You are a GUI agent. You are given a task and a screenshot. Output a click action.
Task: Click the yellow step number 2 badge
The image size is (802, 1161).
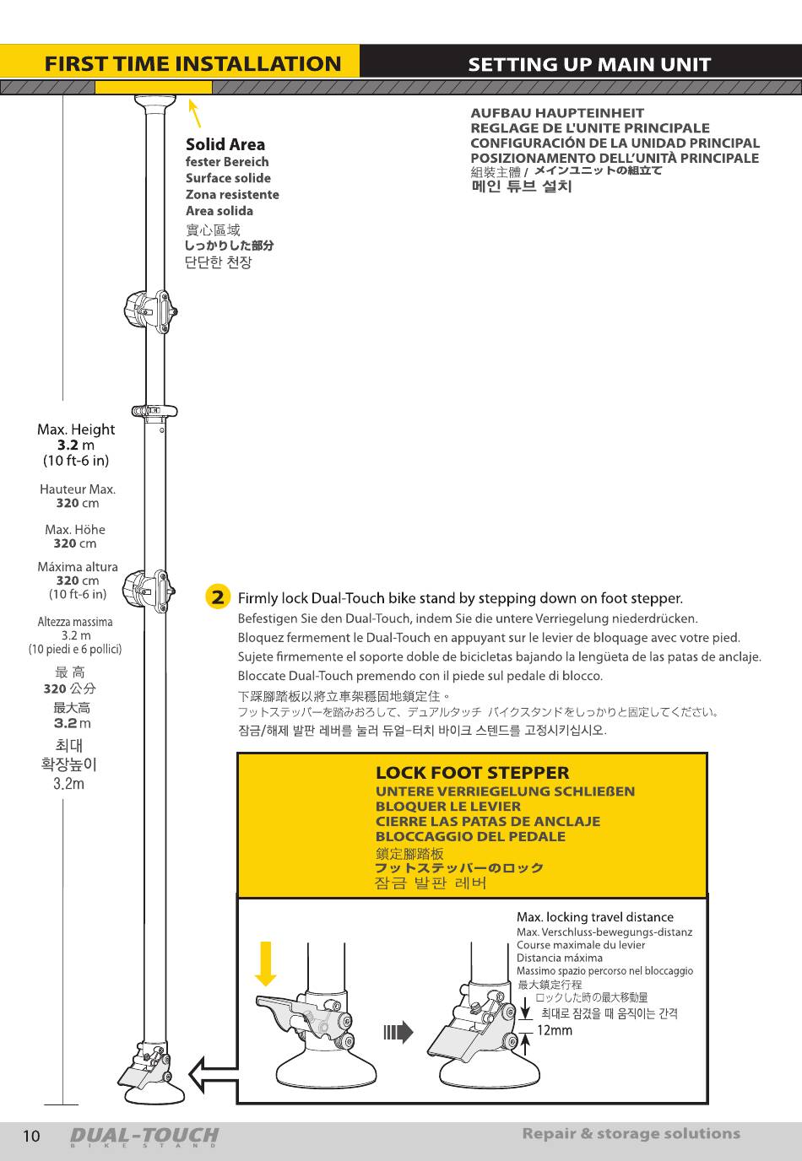(218, 597)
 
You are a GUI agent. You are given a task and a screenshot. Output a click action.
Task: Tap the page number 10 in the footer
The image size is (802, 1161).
(30, 1136)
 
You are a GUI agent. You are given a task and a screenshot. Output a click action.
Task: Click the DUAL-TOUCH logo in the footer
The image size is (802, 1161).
(144, 1137)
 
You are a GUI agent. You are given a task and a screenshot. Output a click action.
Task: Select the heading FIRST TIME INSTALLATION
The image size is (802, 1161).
(192, 64)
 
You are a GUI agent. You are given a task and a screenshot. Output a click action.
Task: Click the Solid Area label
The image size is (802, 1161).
(225, 144)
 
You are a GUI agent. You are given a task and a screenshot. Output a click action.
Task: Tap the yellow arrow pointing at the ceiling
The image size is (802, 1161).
(194, 113)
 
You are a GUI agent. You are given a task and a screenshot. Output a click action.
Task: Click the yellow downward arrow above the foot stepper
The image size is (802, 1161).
(266, 963)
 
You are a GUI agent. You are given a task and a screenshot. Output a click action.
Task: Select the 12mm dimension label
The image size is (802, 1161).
(555, 1030)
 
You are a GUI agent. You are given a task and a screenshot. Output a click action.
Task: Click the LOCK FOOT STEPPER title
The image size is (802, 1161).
(472, 773)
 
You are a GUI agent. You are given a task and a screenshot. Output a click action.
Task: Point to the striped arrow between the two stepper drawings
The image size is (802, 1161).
(398, 1032)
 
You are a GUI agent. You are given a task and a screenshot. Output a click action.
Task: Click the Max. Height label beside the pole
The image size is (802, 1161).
(76, 429)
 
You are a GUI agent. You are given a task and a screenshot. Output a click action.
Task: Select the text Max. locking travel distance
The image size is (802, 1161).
(594, 917)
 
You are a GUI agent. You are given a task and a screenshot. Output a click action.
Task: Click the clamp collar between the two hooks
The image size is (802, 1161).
(154, 411)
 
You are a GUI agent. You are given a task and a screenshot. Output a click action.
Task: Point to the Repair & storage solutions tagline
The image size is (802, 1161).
(631, 1134)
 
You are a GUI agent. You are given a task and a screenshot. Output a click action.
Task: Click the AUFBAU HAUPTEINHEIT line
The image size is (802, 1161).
(556, 113)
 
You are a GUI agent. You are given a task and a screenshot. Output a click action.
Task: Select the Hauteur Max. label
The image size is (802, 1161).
(78, 489)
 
